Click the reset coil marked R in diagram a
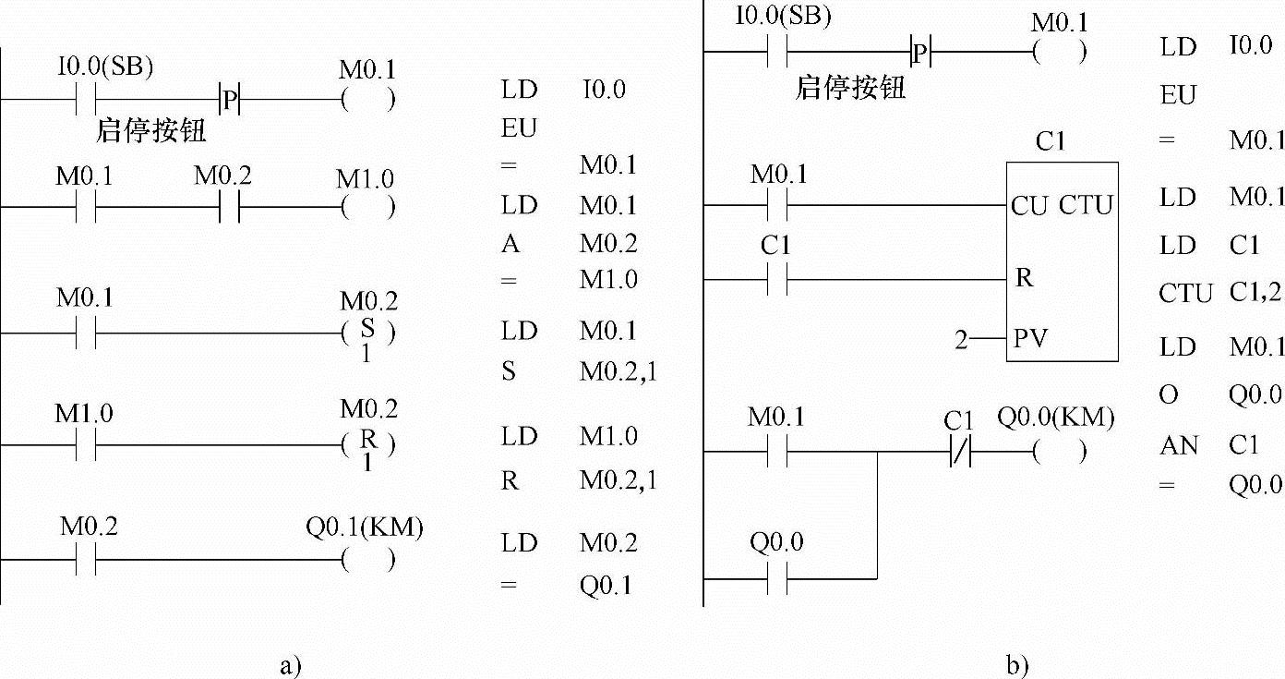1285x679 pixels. (x=366, y=444)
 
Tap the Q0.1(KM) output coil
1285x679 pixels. (x=366, y=560)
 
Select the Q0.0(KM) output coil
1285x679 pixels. (x=1058, y=453)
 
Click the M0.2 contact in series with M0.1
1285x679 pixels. (x=229, y=208)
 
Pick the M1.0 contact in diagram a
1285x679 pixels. (x=87, y=445)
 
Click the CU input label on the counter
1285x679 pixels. (x=1029, y=205)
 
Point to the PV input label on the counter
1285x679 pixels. (x=1030, y=339)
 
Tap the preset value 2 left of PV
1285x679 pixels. (x=962, y=340)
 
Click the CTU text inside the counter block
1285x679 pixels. (x=1086, y=205)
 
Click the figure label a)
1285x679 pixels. (x=290, y=664)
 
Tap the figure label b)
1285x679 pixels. (x=1018, y=664)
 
